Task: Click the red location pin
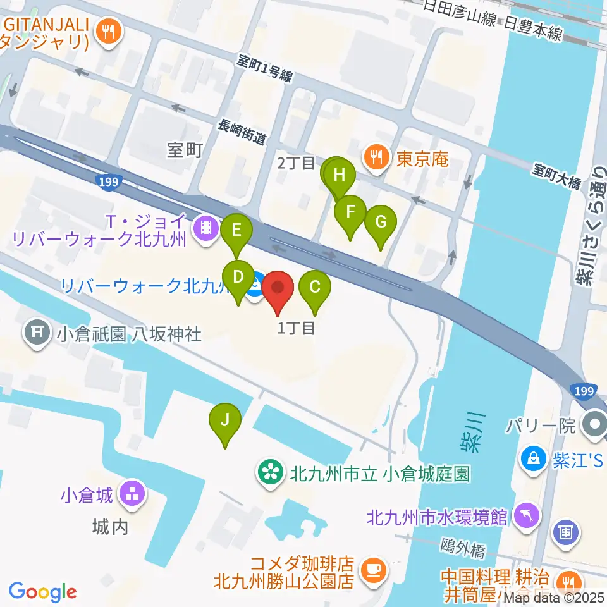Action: [277, 289]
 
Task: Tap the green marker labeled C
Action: [315, 288]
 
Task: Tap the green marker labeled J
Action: [224, 420]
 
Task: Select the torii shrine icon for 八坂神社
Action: [37, 331]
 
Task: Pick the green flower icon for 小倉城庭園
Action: [270, 472]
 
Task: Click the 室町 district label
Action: [184, 149]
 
